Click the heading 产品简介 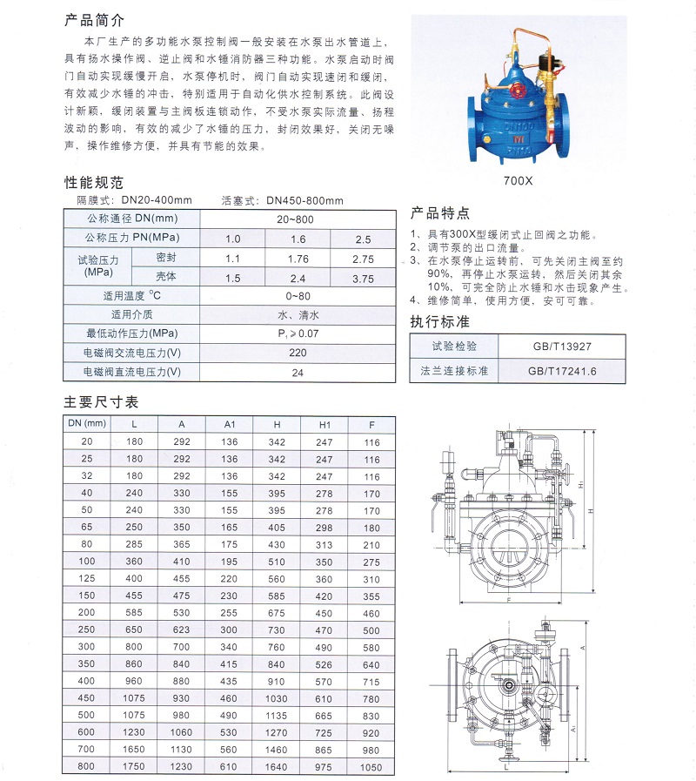click(x=95, y=19)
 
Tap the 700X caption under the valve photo click(x=522, y=183)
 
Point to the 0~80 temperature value click(x=298, y=296)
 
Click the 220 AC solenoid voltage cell click(x=298, y=353)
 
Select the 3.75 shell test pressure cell click(x=363, y=279)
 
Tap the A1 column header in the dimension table click(x=230, y=424)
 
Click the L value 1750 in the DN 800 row click(x=133, y=767)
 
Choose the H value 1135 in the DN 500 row click(x=277, y=714)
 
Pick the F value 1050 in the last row click(x=371, y=767)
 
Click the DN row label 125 click(x=85, y=578)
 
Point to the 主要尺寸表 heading click(x=101, y=402)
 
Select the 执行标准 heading click(x=439, y=321)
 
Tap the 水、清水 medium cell click(x=298, y=315)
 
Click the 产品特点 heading click(x=439, y=212)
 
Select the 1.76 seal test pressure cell click(x=298, y=259)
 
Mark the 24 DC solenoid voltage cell click(x=298, y=372)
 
